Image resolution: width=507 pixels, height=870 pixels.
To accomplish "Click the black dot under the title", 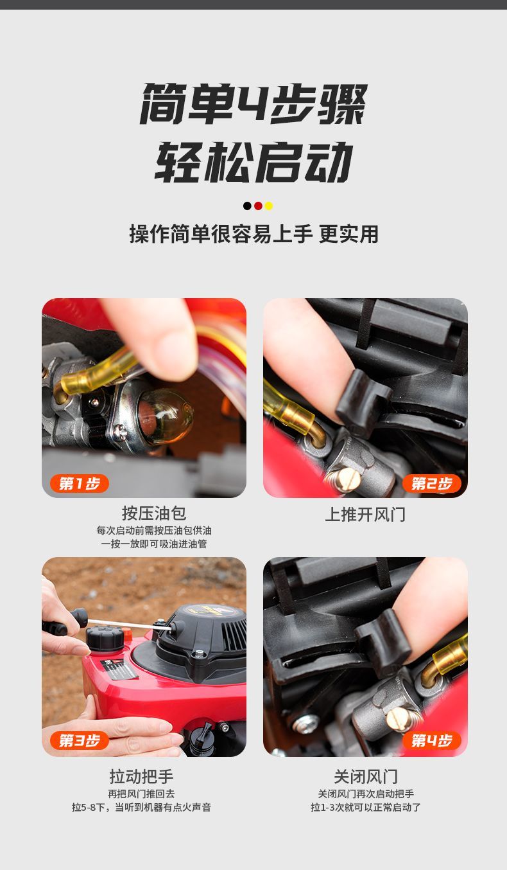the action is [x=247, y=206].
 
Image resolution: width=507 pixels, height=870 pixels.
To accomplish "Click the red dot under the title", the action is [x=258, y=206].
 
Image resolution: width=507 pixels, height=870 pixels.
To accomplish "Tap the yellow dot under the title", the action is [x=268, y=206].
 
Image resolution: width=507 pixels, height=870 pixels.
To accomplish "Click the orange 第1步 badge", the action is [x=79, y=484].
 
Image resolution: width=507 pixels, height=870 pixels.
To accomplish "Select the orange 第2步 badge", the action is [x=431, y=484].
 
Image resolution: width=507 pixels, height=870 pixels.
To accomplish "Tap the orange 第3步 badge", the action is [x=79, y=740].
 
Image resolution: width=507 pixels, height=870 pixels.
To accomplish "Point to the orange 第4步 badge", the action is [x=431, y=740].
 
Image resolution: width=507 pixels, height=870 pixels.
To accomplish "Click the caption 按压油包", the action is [x=154, y=513].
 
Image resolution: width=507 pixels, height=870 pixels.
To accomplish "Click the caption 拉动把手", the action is [x=142, y=776].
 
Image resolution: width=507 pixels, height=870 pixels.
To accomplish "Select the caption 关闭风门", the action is [x=366, y=776].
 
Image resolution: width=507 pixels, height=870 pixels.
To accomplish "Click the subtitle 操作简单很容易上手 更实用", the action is [x=254, y=234].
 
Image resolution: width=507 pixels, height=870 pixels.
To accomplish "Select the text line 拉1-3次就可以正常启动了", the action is [x=366, y=808].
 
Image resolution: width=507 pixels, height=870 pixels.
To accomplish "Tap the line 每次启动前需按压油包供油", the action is [x=154, y=530].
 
